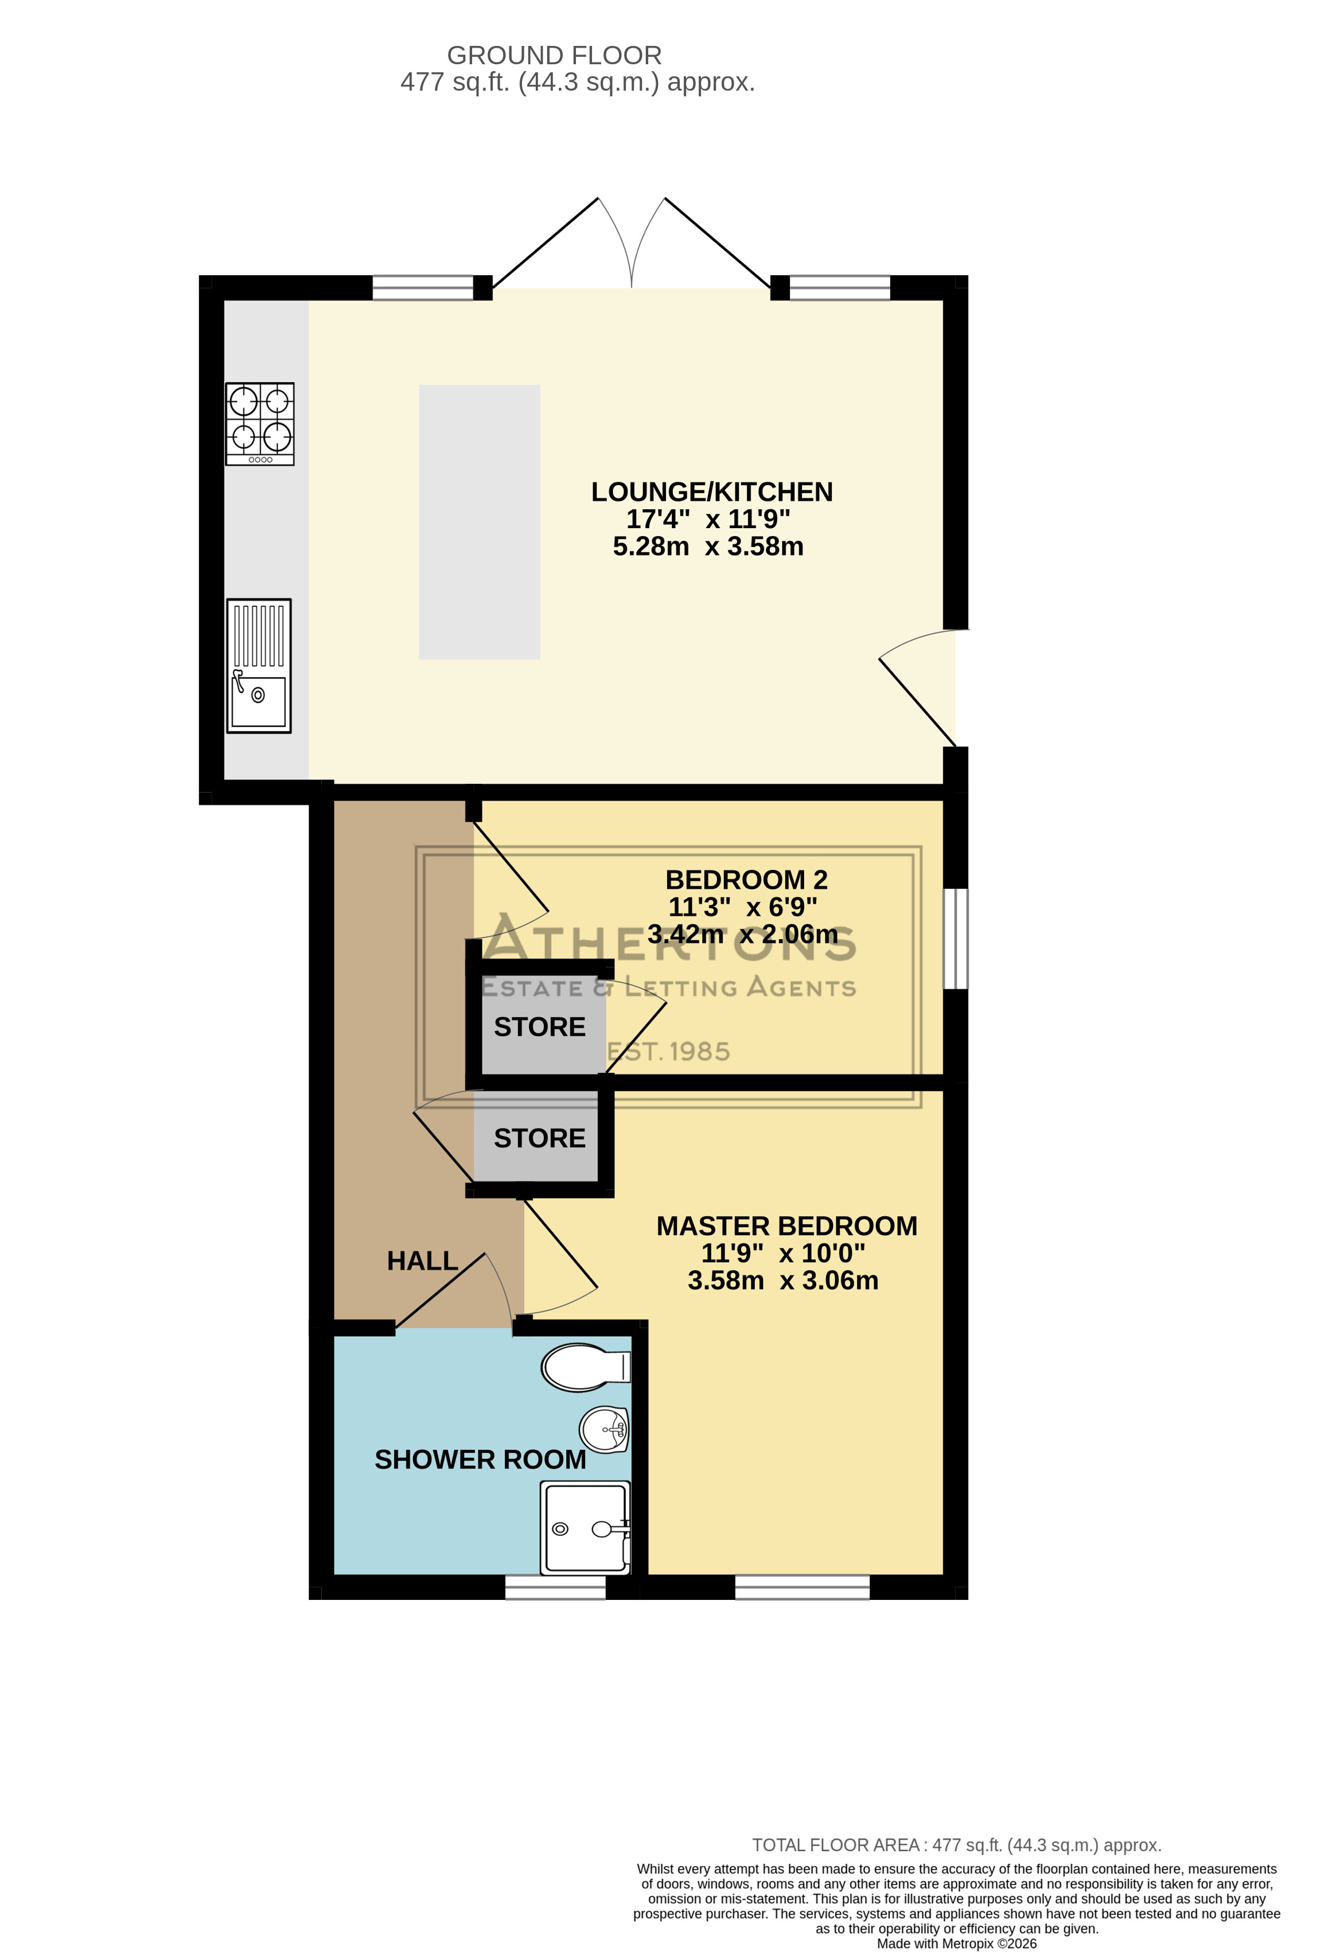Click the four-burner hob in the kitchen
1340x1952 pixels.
pyautogui.click(x=260, y=423)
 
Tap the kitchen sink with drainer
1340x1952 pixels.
pyautogui.click(x=259, y=665)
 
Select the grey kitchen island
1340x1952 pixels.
pyautogui.click(x=480, y=522)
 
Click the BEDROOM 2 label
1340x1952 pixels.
pyautogui.click(x=746, y=880)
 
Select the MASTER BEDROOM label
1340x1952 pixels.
pyautogui.click(x=786, y=1226)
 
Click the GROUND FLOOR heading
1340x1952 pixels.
pyautogui.click(x=555, y=56)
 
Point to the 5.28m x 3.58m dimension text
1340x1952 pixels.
pyautogui.click(x=708, y=547)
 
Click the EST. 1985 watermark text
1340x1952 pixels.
pyautogui.click(x=669, y=1052)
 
